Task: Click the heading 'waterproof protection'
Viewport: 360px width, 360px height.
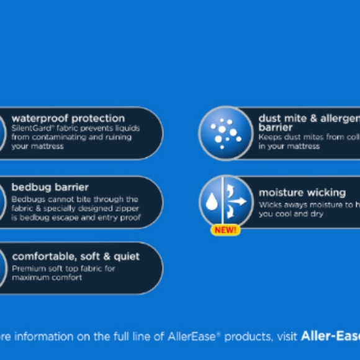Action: click(x=68, y=118)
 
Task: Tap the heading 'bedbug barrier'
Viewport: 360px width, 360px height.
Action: click(x=50, y=187)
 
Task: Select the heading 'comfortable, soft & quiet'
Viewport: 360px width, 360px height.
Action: click(x=75, y=256)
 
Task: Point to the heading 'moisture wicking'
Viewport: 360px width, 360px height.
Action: click(x=302, y=192)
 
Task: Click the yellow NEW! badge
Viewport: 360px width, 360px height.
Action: click(x=225, y=230)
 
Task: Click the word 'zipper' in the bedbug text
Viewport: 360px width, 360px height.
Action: click(x=127, y=209)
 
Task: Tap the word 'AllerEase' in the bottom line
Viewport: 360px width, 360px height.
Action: click(x=194, y=337)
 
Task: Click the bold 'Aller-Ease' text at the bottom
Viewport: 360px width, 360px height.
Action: click(x=330, y=336)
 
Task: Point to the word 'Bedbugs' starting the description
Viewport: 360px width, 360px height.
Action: click(x=29, y=199)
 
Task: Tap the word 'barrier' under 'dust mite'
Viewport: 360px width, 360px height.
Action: click(x=275, y=127)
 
